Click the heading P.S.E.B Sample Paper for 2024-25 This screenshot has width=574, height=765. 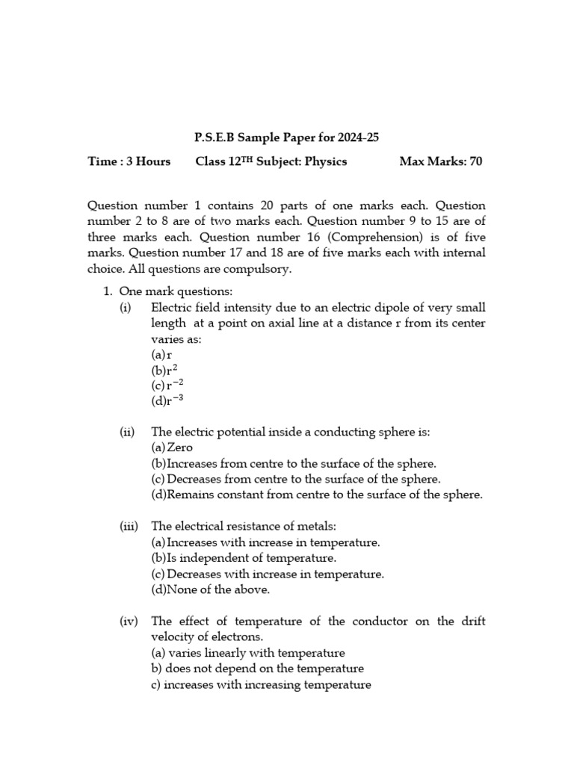(287, 137)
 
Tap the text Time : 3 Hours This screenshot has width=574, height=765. (129, 161)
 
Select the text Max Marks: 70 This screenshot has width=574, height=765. (440, 161)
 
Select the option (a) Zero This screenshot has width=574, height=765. (172, 447)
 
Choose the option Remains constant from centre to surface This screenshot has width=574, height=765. (317, 495)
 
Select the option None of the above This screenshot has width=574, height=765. (210, 589)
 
